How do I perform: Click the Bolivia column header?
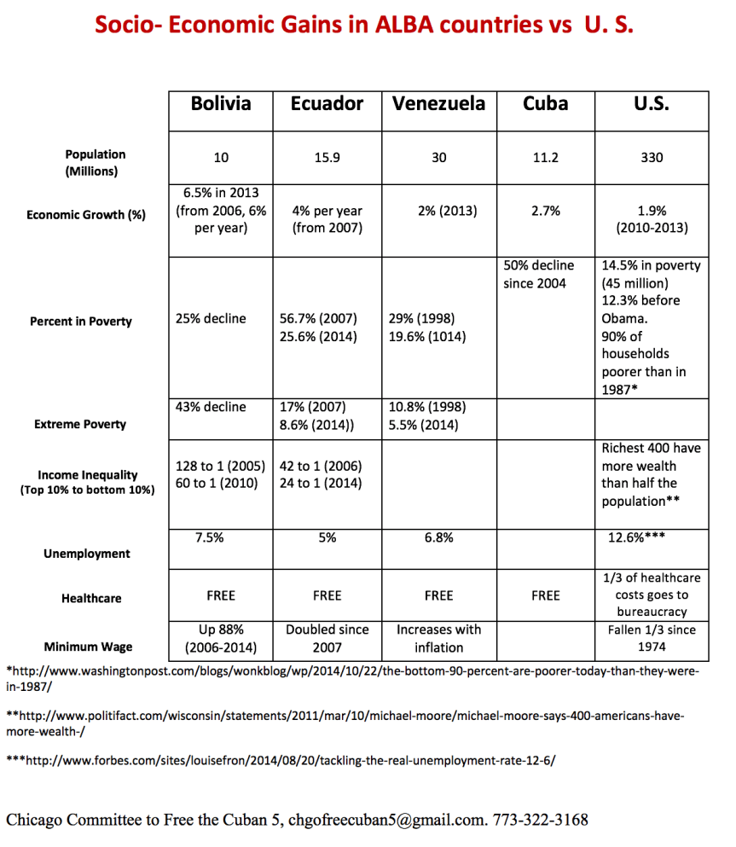click(x=221, y=104)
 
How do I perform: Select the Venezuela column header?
click(x=438, y=104)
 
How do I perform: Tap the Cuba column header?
click(x=545, y=104)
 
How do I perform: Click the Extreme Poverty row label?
click(x=80, y=424)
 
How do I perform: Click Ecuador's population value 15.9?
click(x=327, y=157)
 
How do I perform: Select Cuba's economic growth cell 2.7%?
click(x=545, y=211)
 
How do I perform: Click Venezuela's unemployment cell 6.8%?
click(x=438, y=537)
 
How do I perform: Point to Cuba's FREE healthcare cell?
click(x=545, y=595)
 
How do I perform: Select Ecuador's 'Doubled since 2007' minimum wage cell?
click(x=327, y=638)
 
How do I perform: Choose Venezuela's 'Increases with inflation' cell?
click(x=438, y=638)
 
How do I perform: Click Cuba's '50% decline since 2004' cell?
click(x=539, y=274)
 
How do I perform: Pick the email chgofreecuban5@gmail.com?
click(x=385, y=821)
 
